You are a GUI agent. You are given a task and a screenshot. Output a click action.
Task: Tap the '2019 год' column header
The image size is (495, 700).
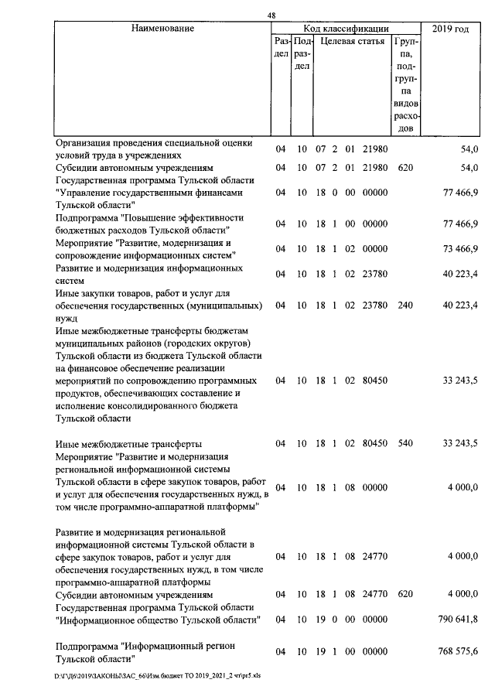tap(452, 29)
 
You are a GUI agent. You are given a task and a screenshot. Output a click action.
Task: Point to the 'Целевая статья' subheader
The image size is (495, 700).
tap(352, 42)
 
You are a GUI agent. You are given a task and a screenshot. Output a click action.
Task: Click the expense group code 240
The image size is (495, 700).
tap(405, 305)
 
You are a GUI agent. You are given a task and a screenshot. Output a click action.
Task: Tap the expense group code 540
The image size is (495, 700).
tap(405, 443)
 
